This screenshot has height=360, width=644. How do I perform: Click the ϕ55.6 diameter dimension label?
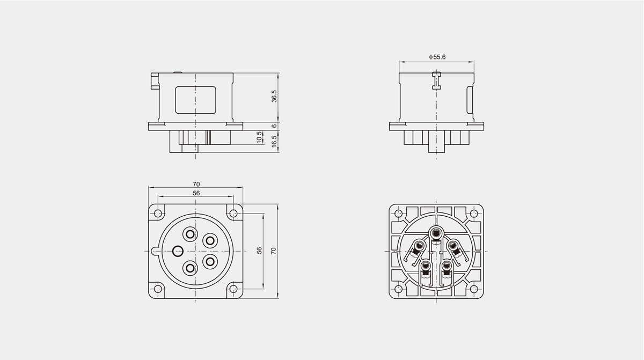tap(437, 57)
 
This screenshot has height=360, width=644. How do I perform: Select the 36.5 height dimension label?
tap(274, 96)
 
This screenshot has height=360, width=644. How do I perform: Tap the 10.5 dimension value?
tap(259, 137)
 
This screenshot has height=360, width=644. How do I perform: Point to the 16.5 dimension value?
tap(274, 141)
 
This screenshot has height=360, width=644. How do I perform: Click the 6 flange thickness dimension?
tap(274, 126)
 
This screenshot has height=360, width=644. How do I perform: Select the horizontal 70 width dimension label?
tap(196, 184)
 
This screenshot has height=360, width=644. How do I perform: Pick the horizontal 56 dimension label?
tap(196, 193)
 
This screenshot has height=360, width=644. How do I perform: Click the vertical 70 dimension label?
tap(273, 251)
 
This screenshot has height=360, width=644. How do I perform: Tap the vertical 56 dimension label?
tap(259, 251)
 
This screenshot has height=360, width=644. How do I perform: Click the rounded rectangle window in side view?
tap(195, 100)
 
